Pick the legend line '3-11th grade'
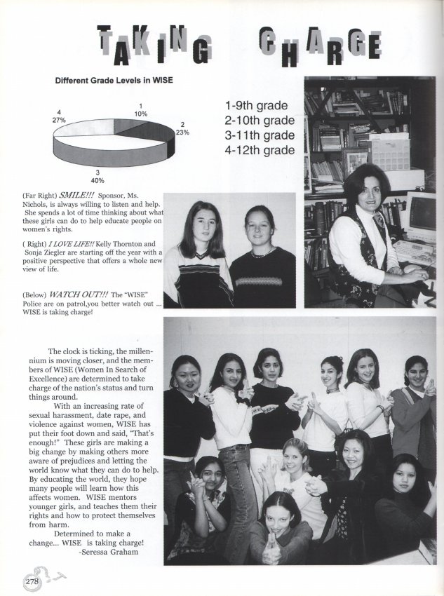pos(260,135)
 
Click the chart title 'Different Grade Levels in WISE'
pos(114,80)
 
